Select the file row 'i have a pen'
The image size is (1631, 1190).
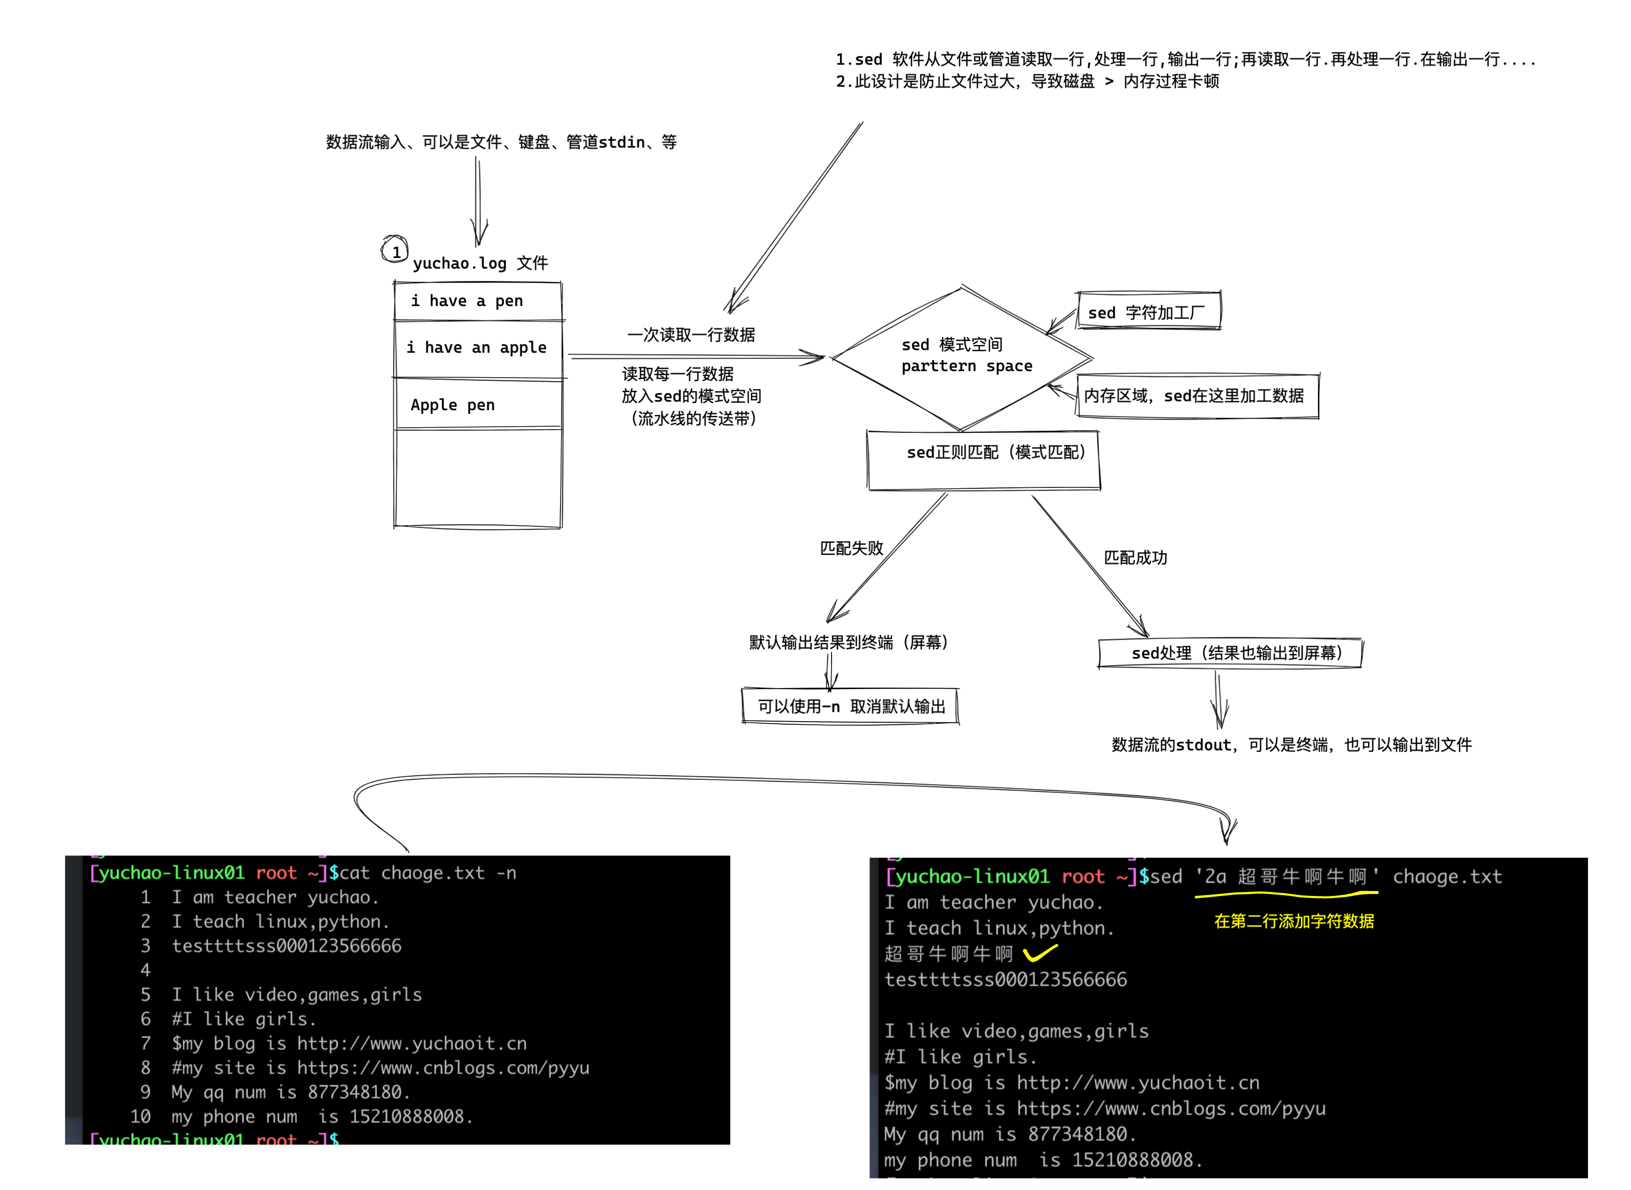click(x=478, y=301)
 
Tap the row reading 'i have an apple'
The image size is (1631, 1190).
click(x=478, y=348)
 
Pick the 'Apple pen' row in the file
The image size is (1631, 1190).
click(x=478, y=405)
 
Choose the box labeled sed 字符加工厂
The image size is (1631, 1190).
click(x=1148, y=311)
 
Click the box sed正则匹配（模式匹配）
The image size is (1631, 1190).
click(x=983, y=460)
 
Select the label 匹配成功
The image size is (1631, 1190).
click(x=1136, y=557)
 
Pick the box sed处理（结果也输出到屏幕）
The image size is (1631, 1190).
click(x=1230, y=653)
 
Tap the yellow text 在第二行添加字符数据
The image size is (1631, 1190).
click(x=1294, y=922)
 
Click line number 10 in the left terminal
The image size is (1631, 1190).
click(x=140, y=1116)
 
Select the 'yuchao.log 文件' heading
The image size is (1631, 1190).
click(x=480, y=263)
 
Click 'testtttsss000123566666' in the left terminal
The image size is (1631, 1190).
click(x=286, y=946)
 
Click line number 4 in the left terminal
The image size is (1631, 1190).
click(x=146, y=970)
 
